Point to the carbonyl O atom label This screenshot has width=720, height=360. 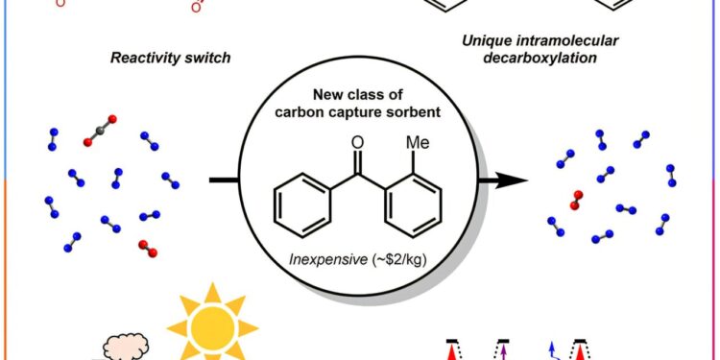pyautogui.click(x=358, y=144)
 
